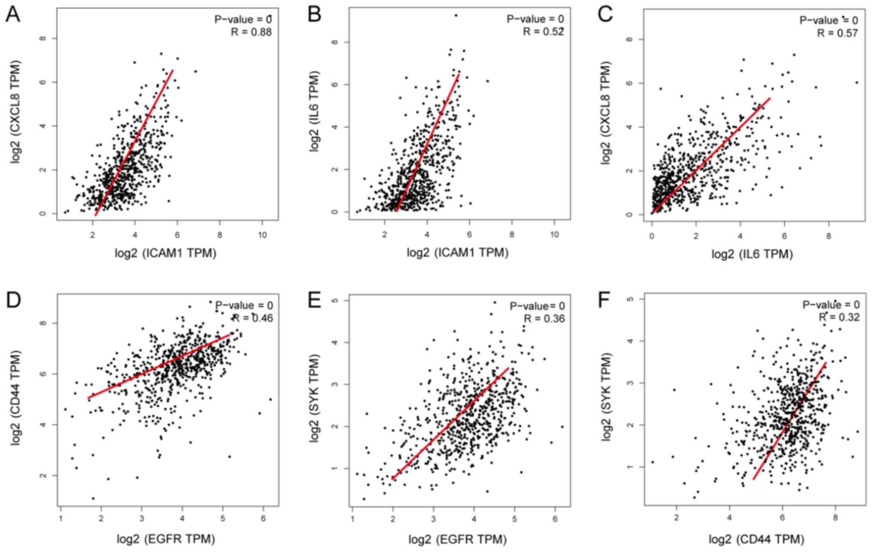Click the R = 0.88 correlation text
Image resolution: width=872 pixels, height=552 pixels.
[x=251, y=32]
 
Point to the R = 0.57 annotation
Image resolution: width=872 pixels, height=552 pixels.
[x=837, y=33]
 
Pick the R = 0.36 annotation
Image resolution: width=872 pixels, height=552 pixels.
[x=544, y=318]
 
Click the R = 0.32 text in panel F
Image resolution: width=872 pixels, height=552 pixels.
[x=839, y=317]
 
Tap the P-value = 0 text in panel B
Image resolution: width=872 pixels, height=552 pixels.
[x=535, y=19]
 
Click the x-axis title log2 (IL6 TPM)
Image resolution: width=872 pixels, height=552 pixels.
[x=752, y=254]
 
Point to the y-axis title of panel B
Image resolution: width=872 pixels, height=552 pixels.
[x=315, y=112]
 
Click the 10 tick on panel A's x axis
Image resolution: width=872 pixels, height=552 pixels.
[x=262, y=235]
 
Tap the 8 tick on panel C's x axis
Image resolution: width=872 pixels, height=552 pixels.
[x=829, y=236]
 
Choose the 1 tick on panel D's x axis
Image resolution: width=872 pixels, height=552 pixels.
[x=61, y=519]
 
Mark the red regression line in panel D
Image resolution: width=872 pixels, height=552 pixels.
[x=159, y=366]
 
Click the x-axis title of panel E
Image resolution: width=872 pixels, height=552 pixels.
[x=457, y=539]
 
